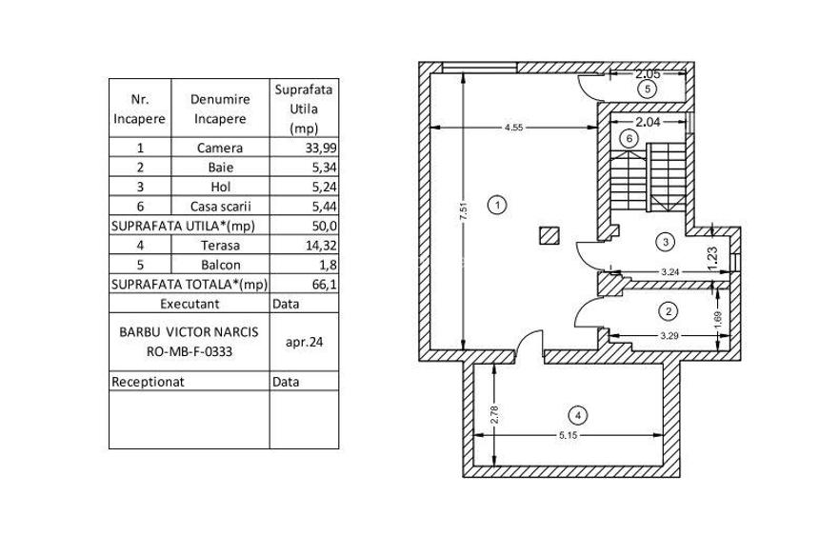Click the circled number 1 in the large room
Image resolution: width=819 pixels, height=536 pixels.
497,205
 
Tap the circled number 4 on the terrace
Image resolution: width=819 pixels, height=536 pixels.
578,416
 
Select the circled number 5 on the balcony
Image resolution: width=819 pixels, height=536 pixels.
648,89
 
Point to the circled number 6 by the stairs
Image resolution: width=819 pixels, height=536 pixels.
629,138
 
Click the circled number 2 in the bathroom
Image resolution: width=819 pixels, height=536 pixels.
669,312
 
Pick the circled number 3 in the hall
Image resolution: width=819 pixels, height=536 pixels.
666,242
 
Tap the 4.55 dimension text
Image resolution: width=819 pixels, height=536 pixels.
513,128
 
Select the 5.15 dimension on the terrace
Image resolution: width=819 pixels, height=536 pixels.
568,435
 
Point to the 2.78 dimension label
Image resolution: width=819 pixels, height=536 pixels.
494,414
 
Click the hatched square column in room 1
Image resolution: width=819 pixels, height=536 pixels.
549,235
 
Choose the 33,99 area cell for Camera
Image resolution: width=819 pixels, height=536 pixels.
321,148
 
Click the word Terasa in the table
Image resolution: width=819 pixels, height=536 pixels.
220,246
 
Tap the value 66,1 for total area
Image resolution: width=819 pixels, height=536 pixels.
326,285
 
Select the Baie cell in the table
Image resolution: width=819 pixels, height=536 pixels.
220,168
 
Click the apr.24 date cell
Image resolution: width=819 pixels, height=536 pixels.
304,342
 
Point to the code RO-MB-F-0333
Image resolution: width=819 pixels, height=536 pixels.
190,351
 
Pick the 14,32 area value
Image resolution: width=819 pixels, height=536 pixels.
321,246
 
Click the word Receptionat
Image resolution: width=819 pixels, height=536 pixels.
148,382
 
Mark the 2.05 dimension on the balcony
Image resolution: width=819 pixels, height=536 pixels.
648,74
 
